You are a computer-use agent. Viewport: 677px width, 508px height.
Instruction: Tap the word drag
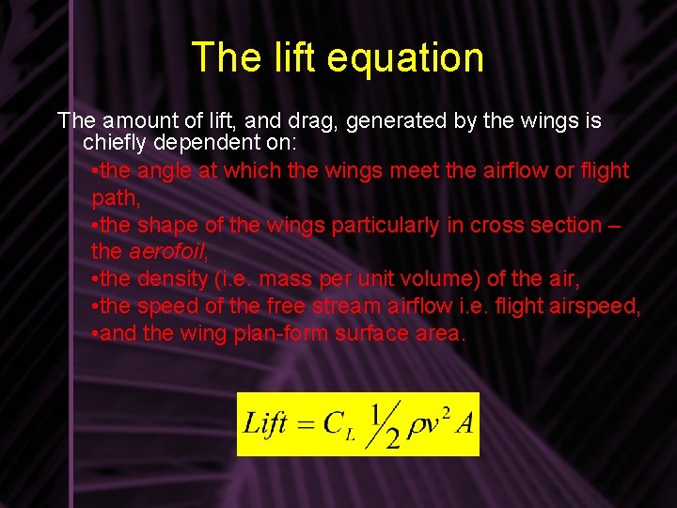299,121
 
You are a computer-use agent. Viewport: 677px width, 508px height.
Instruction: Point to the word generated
394,121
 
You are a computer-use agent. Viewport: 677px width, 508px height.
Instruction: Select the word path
114,198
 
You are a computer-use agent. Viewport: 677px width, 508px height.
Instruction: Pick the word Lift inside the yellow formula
265,423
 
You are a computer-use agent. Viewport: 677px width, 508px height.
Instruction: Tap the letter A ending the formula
464,422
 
